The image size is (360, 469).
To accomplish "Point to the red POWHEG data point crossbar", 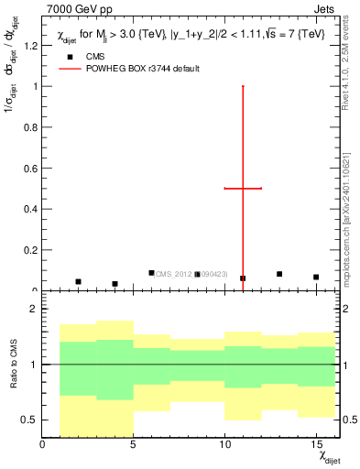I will pyautogui.click(x=243, y=188).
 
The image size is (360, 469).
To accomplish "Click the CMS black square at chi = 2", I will pyautogui.click(x=78, y=281).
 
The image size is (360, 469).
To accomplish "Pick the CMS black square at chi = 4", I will pyautogui.click(x=115, y=284).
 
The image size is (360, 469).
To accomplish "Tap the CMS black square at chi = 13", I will pyautogui.click(x=279, y=274).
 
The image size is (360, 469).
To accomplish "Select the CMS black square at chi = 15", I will pyautogui.click(x=316, y=277).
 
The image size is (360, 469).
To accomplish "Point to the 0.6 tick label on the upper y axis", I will pyautogui.click(x=31, y=169).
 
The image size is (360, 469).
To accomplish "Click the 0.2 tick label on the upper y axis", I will pyautogui.click(x=31, y=250).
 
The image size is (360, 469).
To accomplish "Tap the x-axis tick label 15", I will pyautogui.click(x=315, y=445).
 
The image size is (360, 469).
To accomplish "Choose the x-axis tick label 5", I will pyautogui.click(x=133, y=445).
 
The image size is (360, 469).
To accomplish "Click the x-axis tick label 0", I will pyautogui.click(x=42, y=445).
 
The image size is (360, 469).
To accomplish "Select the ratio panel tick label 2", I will pyautogui.click(x=34, y=310).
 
